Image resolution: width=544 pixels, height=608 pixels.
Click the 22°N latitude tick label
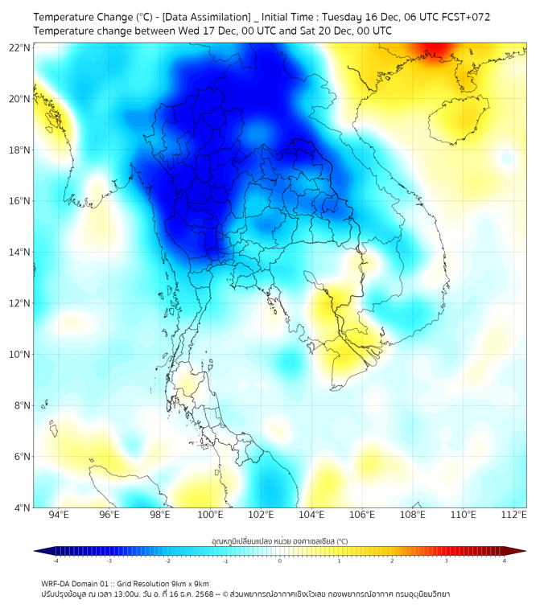tap(20, 48)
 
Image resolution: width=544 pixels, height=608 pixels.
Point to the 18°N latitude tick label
tap(20, 150)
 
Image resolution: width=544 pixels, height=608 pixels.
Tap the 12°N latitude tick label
tap(20, 303)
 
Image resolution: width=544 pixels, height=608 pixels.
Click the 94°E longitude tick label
tap(59, 515)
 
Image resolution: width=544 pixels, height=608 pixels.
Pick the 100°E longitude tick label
tap(211, 515)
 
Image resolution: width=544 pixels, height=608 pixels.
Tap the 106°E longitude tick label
tap(362, 515)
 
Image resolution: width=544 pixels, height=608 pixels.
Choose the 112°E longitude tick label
tap(513, 515)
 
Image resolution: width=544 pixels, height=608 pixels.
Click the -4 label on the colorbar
tap(56, 561)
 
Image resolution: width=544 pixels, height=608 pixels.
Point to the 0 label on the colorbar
tap(279, 561)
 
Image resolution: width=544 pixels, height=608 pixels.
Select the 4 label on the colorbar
tap(505, 561)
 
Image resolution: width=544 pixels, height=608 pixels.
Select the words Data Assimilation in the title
tap(206, 17)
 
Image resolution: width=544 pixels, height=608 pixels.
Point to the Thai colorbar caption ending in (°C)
tap(279, 541)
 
